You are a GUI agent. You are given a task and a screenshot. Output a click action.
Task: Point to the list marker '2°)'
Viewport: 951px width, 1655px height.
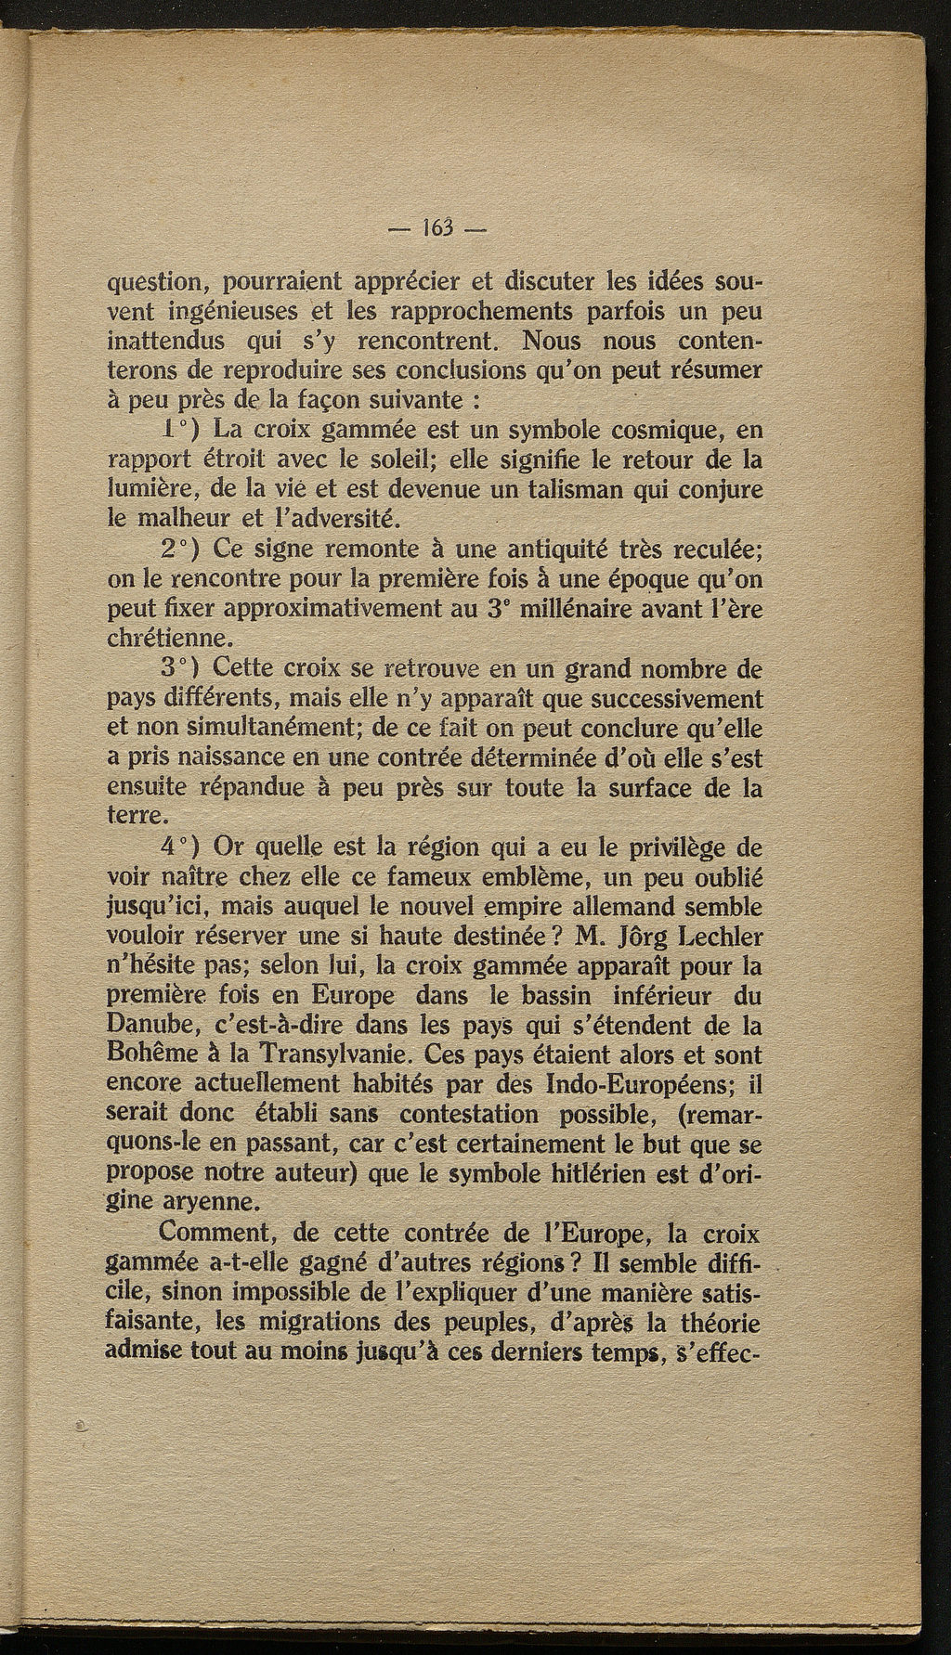tap(182, 550)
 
